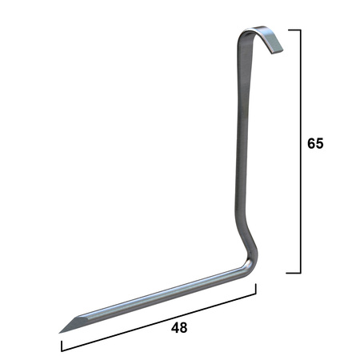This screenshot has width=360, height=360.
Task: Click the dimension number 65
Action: pos(315,143)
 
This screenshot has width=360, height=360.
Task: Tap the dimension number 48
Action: pos(179,327)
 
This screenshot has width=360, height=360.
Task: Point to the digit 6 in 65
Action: pos(311,143)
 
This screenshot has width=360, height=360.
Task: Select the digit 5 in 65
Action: pos(319,143)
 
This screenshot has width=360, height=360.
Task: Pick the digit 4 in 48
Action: pos(175,327)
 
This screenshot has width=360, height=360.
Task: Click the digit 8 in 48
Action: pos(183,327)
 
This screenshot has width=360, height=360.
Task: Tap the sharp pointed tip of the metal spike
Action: pos(59,333)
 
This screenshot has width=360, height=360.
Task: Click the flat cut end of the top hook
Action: pos(278,52)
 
